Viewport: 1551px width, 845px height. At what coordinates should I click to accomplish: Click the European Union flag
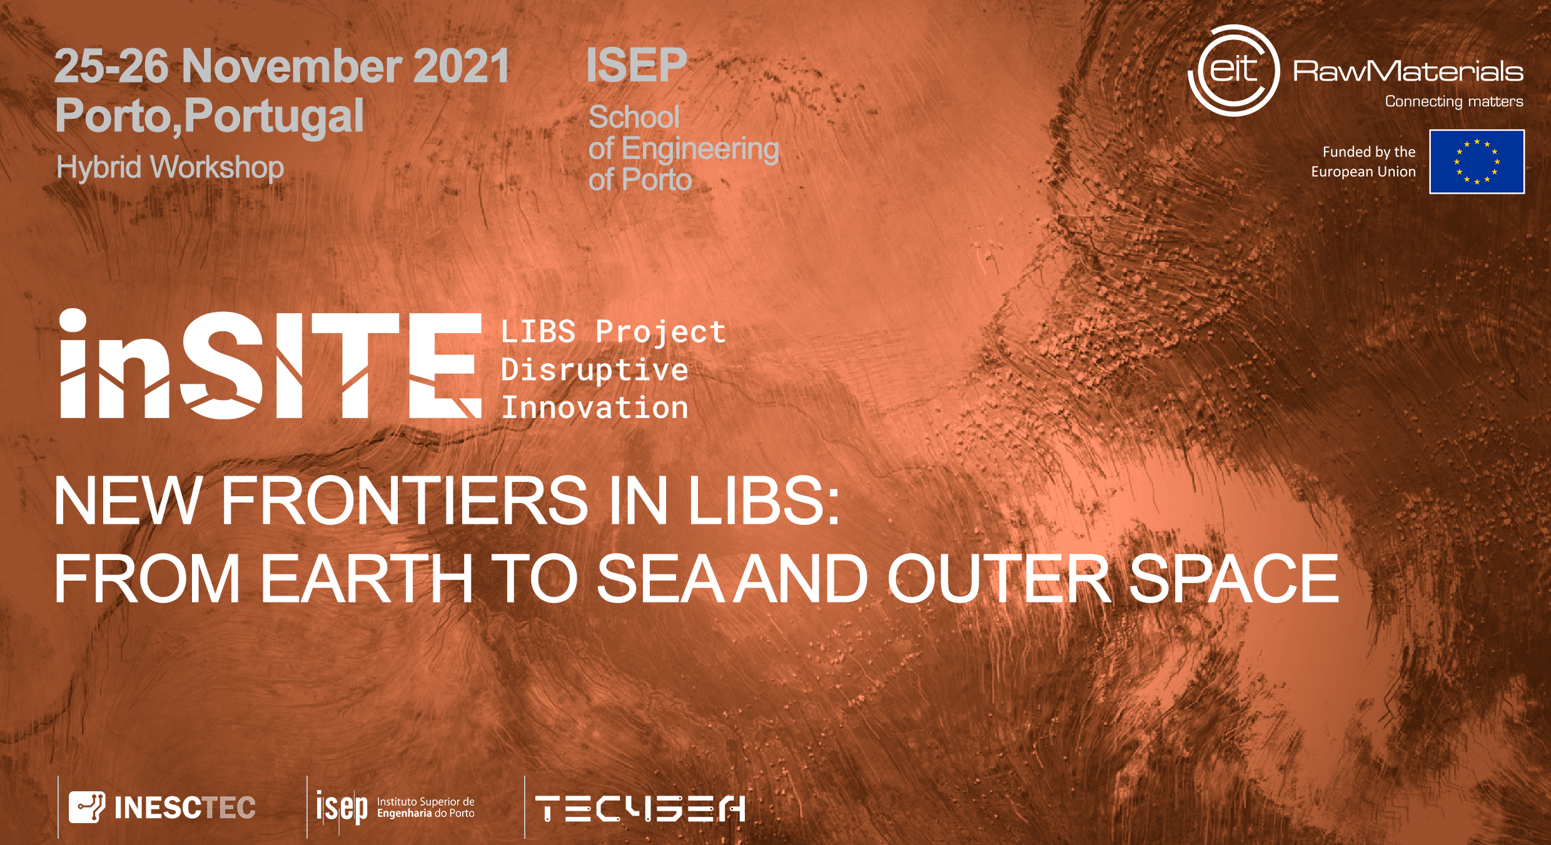tap(1477, 162)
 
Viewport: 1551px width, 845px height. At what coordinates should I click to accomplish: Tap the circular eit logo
tap(1234, 71)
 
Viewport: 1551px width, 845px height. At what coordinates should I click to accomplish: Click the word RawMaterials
tap(1408, 71)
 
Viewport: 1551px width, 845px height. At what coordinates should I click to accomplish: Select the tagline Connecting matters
tap(1454, 101)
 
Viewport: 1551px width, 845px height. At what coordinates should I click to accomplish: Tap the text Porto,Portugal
tap(210, 116)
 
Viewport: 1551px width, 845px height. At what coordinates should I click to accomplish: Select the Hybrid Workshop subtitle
tap(170, 167)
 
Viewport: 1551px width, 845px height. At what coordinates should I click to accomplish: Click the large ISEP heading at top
tap(637, 65)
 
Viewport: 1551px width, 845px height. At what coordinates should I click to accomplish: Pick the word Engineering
tap(700, 149)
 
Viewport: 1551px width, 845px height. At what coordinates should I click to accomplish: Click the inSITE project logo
tap(270, 364)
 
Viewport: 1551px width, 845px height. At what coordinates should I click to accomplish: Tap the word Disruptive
tap(594, 370)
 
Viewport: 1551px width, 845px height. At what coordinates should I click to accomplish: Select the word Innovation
tap(594, 407)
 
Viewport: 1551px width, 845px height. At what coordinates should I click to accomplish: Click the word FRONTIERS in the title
tap(404, 500)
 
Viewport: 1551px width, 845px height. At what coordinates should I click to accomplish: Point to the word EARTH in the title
tap(366, 579)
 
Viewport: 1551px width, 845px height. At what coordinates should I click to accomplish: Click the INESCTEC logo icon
tap(87, 807)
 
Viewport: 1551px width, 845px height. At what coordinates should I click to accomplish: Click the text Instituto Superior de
tap(426, 802)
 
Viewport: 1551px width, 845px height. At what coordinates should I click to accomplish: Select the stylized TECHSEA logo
tap(640, 808)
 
